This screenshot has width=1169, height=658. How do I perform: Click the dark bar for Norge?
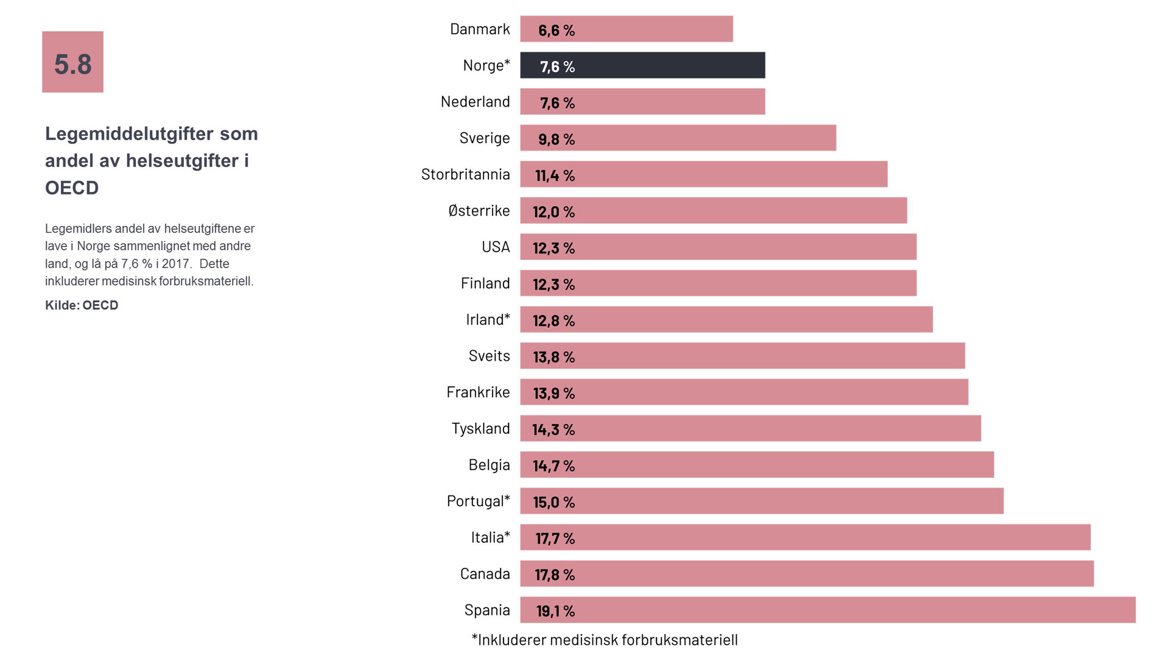(x=642, y=65)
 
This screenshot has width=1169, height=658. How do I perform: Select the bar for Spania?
(x=827, y=610)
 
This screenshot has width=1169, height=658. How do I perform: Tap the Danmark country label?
(x=480, y=29)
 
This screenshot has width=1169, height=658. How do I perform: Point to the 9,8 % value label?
(x=556, y=139)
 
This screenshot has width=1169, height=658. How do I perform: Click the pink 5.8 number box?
(x=72, y=62)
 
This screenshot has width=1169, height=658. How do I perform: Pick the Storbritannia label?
(x=465, y=175)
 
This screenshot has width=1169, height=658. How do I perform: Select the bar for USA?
(x=718, y=247)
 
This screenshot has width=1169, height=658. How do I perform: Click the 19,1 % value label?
(x=555, y=611)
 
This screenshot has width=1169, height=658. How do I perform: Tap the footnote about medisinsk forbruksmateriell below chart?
(x=605, y=640)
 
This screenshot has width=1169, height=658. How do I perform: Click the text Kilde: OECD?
(x=82, y=305)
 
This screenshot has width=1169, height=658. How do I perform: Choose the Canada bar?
(x=807, y=573)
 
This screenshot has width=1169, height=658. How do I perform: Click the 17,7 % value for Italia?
(x=555, y=539)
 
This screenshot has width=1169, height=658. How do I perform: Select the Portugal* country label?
(x=478, y=501)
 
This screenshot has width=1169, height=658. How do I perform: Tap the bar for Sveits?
(x=742, y=356)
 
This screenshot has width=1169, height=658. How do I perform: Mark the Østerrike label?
(x=479, y=211)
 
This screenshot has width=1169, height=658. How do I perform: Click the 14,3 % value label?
(x=553, y=430)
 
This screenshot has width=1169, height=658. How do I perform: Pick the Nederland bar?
(x=642, y=102)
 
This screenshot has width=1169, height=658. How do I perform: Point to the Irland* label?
(x=488, y=320)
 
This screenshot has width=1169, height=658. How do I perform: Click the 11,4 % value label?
(x=555, y=175)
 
